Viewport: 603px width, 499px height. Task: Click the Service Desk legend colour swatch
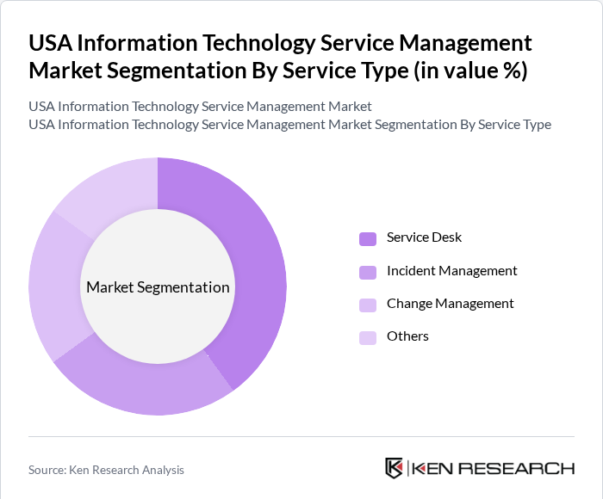pos(368,238)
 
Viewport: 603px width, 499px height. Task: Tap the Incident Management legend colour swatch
pos(368,272)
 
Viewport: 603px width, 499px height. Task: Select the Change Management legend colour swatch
pos(368,305)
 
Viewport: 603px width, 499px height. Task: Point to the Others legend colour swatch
pos(368,337)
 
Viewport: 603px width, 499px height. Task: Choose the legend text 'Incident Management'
pos(452,271)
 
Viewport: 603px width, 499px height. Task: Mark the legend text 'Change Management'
pos(451,304)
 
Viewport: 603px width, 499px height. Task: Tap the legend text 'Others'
pos(407,336)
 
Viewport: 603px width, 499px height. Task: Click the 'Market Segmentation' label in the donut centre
pos(158,287)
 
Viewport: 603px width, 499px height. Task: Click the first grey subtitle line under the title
pos(200,107)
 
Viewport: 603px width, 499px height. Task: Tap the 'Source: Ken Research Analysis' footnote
pos(106,470)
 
